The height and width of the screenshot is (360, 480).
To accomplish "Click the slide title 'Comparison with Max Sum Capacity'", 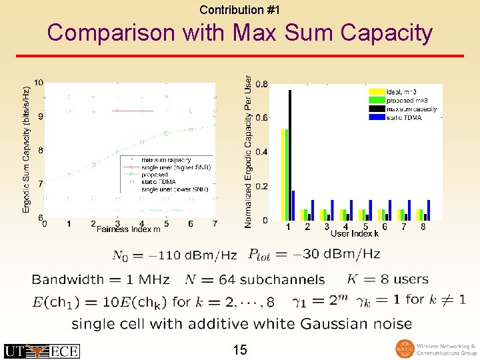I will pos(240,33).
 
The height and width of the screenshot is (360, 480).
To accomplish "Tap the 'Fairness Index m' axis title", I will pos(129,229).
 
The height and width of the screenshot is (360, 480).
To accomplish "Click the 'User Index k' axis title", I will pos(355,233).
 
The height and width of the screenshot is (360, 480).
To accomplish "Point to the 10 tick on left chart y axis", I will pos(39,83).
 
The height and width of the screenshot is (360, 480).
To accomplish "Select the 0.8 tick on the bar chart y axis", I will pos(262,84).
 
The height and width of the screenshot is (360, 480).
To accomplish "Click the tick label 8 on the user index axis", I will pos(423,227).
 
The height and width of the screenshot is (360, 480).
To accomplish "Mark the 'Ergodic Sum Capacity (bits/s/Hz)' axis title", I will pos(27,149).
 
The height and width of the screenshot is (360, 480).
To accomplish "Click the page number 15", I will pos(240,349).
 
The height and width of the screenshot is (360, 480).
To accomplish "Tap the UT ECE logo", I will pos(41,351).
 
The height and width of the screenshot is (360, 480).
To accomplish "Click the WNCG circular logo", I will pos(405,349).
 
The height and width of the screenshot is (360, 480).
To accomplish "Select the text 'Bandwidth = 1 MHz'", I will pos(101,279).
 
